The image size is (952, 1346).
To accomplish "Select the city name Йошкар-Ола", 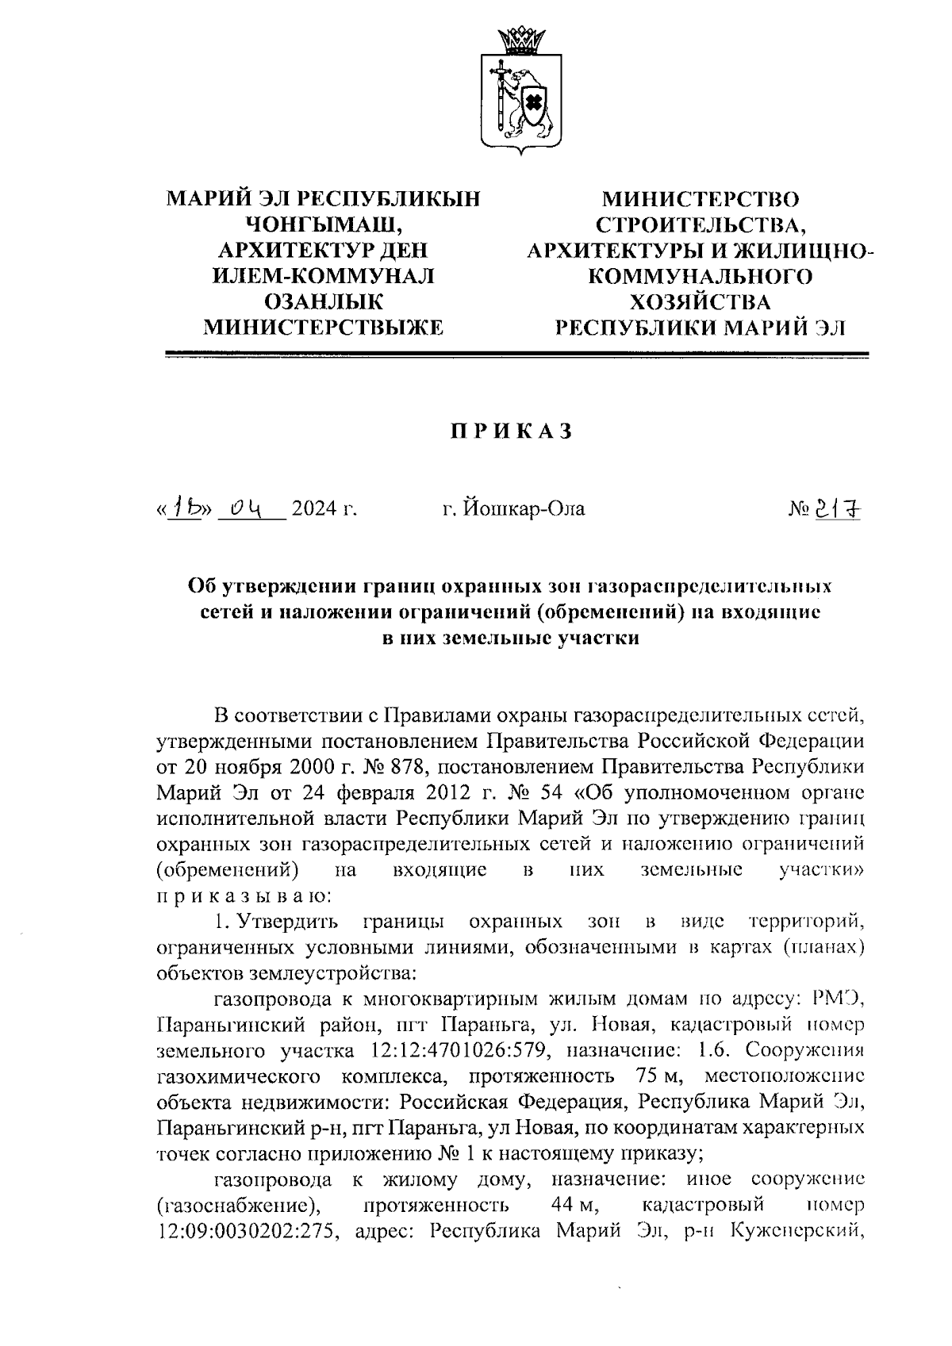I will [x=513, y=508].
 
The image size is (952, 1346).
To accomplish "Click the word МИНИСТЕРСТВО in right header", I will [x=701, y=198].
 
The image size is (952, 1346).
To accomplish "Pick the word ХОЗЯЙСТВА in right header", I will [x=701, y=302].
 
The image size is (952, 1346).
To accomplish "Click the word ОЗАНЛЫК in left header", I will [x=322, y=302].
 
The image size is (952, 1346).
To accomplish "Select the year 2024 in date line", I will [x=324, y=508].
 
